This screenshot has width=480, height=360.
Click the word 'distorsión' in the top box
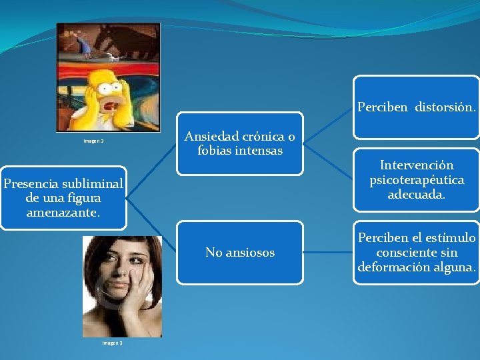445,107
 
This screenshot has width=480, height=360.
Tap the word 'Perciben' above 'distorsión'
383,107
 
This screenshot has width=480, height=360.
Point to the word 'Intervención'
417,165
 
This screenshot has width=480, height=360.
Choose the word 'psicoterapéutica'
417,180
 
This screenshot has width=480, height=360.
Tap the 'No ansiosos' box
240,252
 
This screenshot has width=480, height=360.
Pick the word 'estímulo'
452,238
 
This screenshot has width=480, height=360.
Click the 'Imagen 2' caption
93,141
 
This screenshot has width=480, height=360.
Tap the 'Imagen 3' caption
112,343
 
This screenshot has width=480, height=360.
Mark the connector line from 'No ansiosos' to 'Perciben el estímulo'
328,252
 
